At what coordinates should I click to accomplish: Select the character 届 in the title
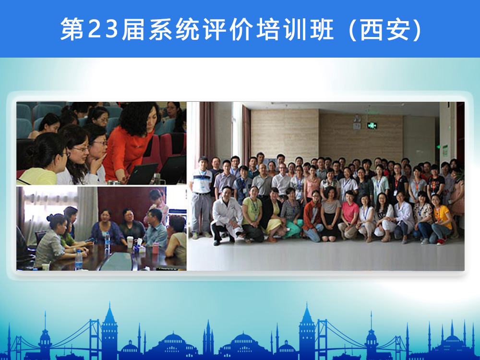click(x=133, y=29)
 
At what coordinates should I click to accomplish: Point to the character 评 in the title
click(x=214, y=29)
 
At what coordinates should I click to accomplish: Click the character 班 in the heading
click(x=322, y=29)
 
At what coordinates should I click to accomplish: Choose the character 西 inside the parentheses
click(x=371, y=29)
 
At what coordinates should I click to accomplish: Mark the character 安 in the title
click(x=398, y=29)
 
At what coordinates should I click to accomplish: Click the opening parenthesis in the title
click(x=352, y=29)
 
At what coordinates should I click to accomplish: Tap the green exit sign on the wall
click(x=372, y=125)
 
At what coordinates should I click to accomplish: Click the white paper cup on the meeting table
click(x=130, y=241)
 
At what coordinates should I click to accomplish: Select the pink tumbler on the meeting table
click(x=156, y=248)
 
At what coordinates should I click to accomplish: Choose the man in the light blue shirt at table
click(x=155, y=229)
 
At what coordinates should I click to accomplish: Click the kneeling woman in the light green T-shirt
click(x=252, y=214)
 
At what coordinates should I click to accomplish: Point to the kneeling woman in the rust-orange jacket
click(x=313, y=216)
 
